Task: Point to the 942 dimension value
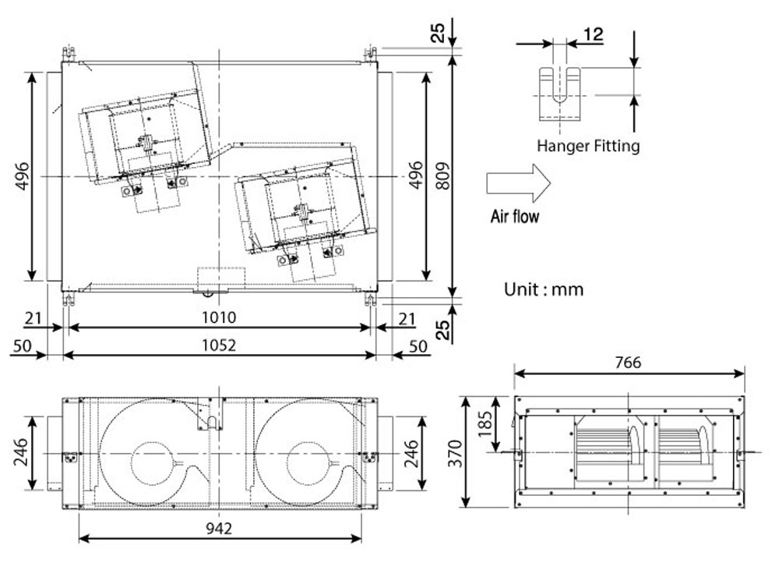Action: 220,528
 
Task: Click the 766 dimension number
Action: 627,363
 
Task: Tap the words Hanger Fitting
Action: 588,145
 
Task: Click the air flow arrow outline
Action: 518,183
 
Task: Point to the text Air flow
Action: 514,216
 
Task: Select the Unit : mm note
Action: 544,289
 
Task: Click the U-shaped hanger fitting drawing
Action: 559,94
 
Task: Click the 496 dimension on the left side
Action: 21,177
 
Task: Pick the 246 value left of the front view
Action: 21,452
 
